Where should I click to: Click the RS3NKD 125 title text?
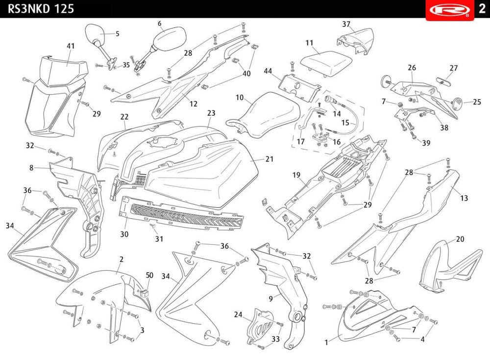41,9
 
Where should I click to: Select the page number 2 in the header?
481,9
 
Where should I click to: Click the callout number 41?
71,46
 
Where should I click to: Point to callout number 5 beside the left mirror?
117,34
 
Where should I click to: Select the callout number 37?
346,24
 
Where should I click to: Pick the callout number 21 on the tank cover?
270,159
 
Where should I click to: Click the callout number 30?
124,234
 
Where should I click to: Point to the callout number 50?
149,276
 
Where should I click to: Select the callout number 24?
238,314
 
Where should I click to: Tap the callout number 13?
464,198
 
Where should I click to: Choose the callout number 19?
296,175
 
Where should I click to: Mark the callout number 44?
268,71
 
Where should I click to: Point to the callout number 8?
31,167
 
